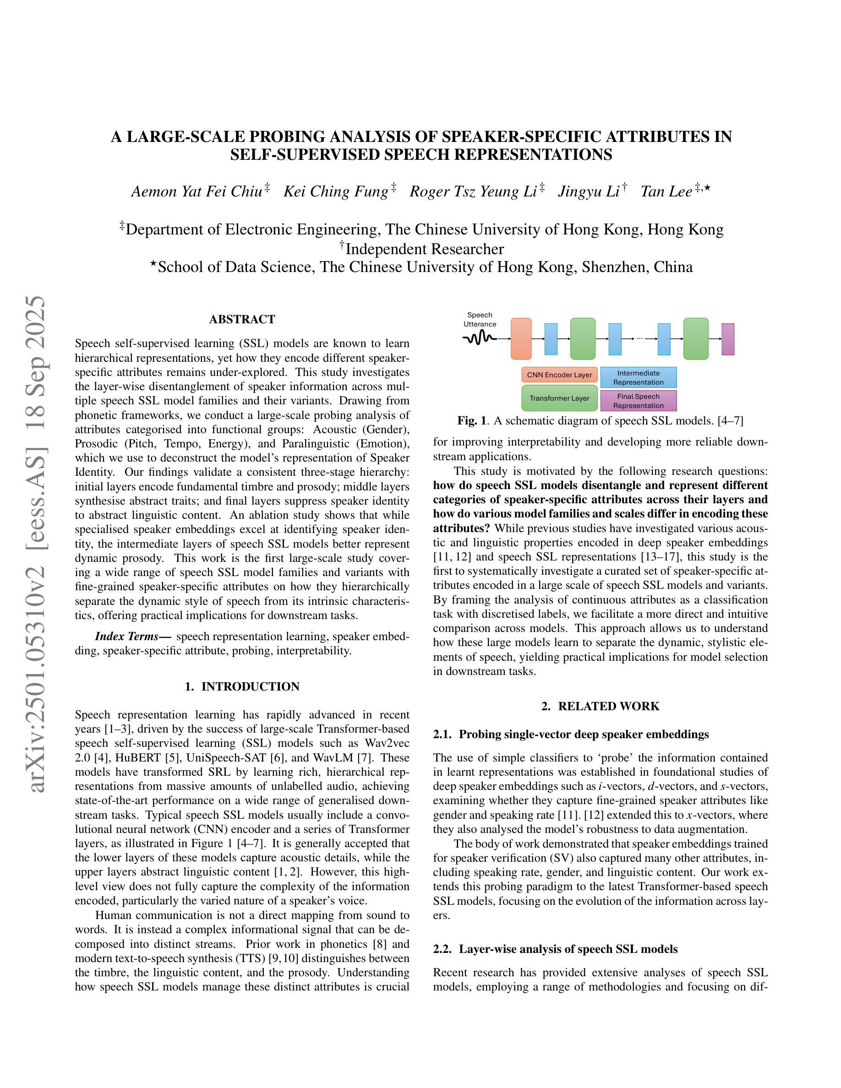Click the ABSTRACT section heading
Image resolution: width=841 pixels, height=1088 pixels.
click(242, 319)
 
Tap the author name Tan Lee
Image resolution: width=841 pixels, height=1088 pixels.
click(666, 192)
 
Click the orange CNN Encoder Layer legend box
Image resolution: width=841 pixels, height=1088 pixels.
click(559, 375)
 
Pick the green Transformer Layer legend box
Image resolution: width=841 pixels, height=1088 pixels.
click(559, 398)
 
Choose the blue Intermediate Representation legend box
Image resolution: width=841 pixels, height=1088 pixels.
click(638, 378)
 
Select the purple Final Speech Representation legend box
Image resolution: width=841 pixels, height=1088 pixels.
click(638, 401)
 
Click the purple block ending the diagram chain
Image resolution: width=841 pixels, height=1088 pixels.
click(727, 339)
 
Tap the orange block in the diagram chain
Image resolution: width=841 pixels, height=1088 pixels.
click(521, 339)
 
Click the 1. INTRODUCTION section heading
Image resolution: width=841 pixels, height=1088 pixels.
click(242, 686)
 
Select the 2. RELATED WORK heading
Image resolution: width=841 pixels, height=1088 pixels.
click(601, 707)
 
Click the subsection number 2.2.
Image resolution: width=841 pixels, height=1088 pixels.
click(442, 949)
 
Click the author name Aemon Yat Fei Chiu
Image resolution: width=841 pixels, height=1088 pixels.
click(197, 192)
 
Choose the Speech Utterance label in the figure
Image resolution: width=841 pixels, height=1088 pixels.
click(480, 319)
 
